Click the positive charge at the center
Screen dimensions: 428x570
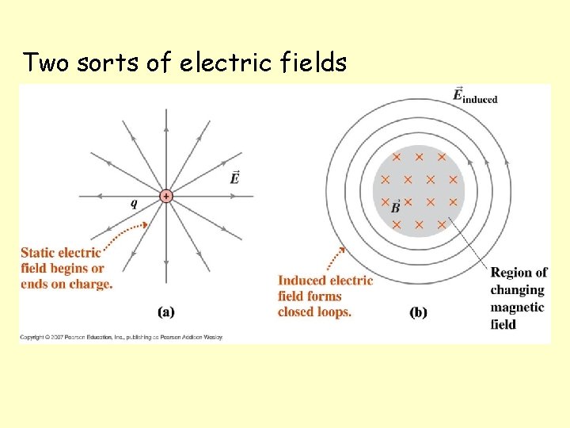pos(166,196)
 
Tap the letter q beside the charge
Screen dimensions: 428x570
pos(134,203)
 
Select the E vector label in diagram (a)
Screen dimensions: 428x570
pos(234,178)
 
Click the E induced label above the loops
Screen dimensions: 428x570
pos(474,97)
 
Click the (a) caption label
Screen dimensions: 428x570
pos(166,311)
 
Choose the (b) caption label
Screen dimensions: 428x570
pos(418,311)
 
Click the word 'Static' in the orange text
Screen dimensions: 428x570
pos(39,253)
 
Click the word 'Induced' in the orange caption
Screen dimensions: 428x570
pos(302,280)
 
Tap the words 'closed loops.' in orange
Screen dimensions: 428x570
pos(314,311)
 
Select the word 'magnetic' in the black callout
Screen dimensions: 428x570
pos(517,307)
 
